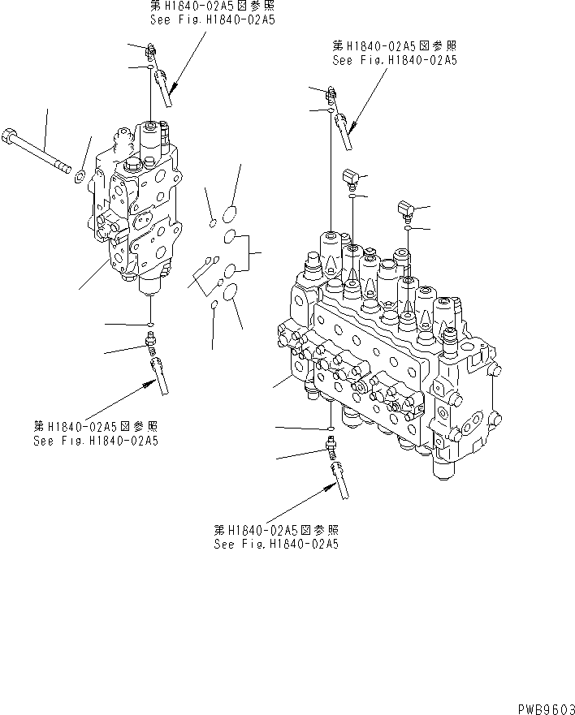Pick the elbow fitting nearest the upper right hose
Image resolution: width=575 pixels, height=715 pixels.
tap(349, 177)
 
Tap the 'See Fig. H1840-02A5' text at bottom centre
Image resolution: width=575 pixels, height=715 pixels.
tap(276, 545)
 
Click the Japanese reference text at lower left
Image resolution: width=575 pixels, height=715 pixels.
tap(96, 427)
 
